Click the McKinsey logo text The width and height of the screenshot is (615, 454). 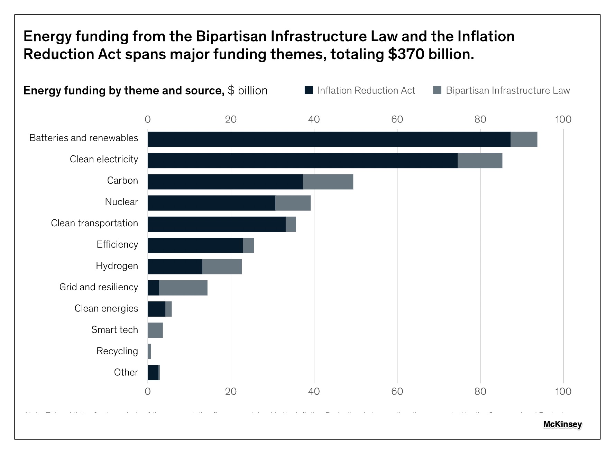562,424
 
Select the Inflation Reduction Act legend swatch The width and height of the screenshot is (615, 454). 309,90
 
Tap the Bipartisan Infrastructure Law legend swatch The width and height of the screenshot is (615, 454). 437,90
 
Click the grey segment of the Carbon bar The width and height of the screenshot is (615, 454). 328,182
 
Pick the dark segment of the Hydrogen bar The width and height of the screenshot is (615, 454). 175,266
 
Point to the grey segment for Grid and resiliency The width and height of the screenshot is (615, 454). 183,288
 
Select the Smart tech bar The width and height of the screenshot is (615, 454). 155,330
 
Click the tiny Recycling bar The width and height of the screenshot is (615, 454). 149,352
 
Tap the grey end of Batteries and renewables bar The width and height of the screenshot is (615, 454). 524,139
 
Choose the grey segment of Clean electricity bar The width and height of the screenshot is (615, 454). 480,161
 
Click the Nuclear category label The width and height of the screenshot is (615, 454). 121,202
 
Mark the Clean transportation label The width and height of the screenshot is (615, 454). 94,223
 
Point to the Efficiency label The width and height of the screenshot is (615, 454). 117,244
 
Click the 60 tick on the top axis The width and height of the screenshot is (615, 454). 397,119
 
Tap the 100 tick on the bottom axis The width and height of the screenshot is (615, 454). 563,391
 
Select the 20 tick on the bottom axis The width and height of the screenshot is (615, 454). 231,391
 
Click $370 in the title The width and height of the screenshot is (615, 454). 406,54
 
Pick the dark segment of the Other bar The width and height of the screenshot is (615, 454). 153,373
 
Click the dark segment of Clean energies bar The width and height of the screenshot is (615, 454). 156,309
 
